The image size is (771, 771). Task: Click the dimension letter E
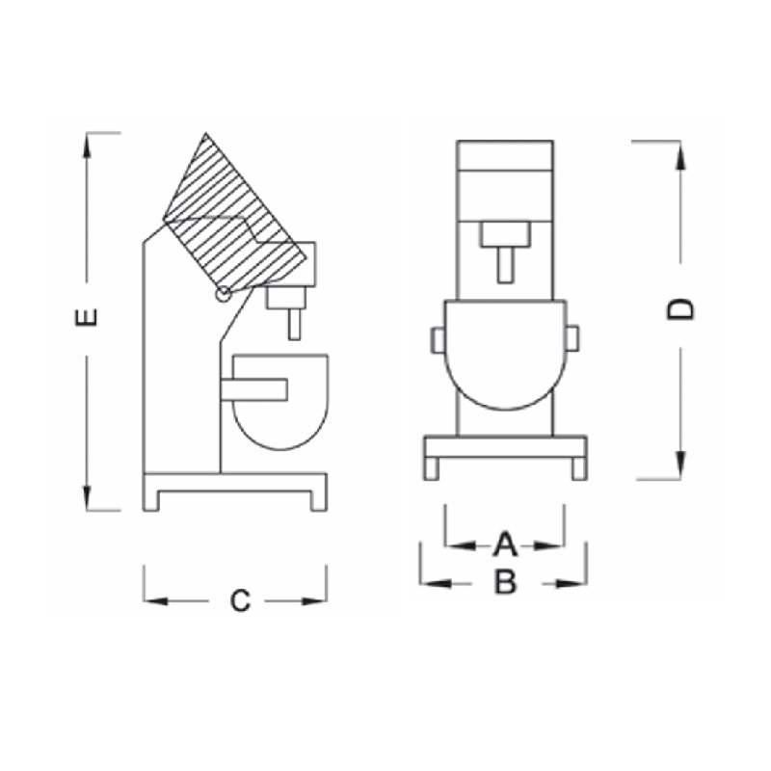coord(86,317)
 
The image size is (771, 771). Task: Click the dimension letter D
coord(680,308)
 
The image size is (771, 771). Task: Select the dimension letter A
coord(505,545)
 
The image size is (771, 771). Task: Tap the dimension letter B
coord(505,581)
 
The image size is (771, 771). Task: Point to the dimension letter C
coord(240,600)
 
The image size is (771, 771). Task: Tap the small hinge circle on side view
coord(223,294)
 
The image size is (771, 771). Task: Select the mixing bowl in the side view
coord(280,401)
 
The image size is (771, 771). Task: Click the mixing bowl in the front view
coord(505,354)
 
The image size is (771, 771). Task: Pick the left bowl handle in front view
coord(439,340)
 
